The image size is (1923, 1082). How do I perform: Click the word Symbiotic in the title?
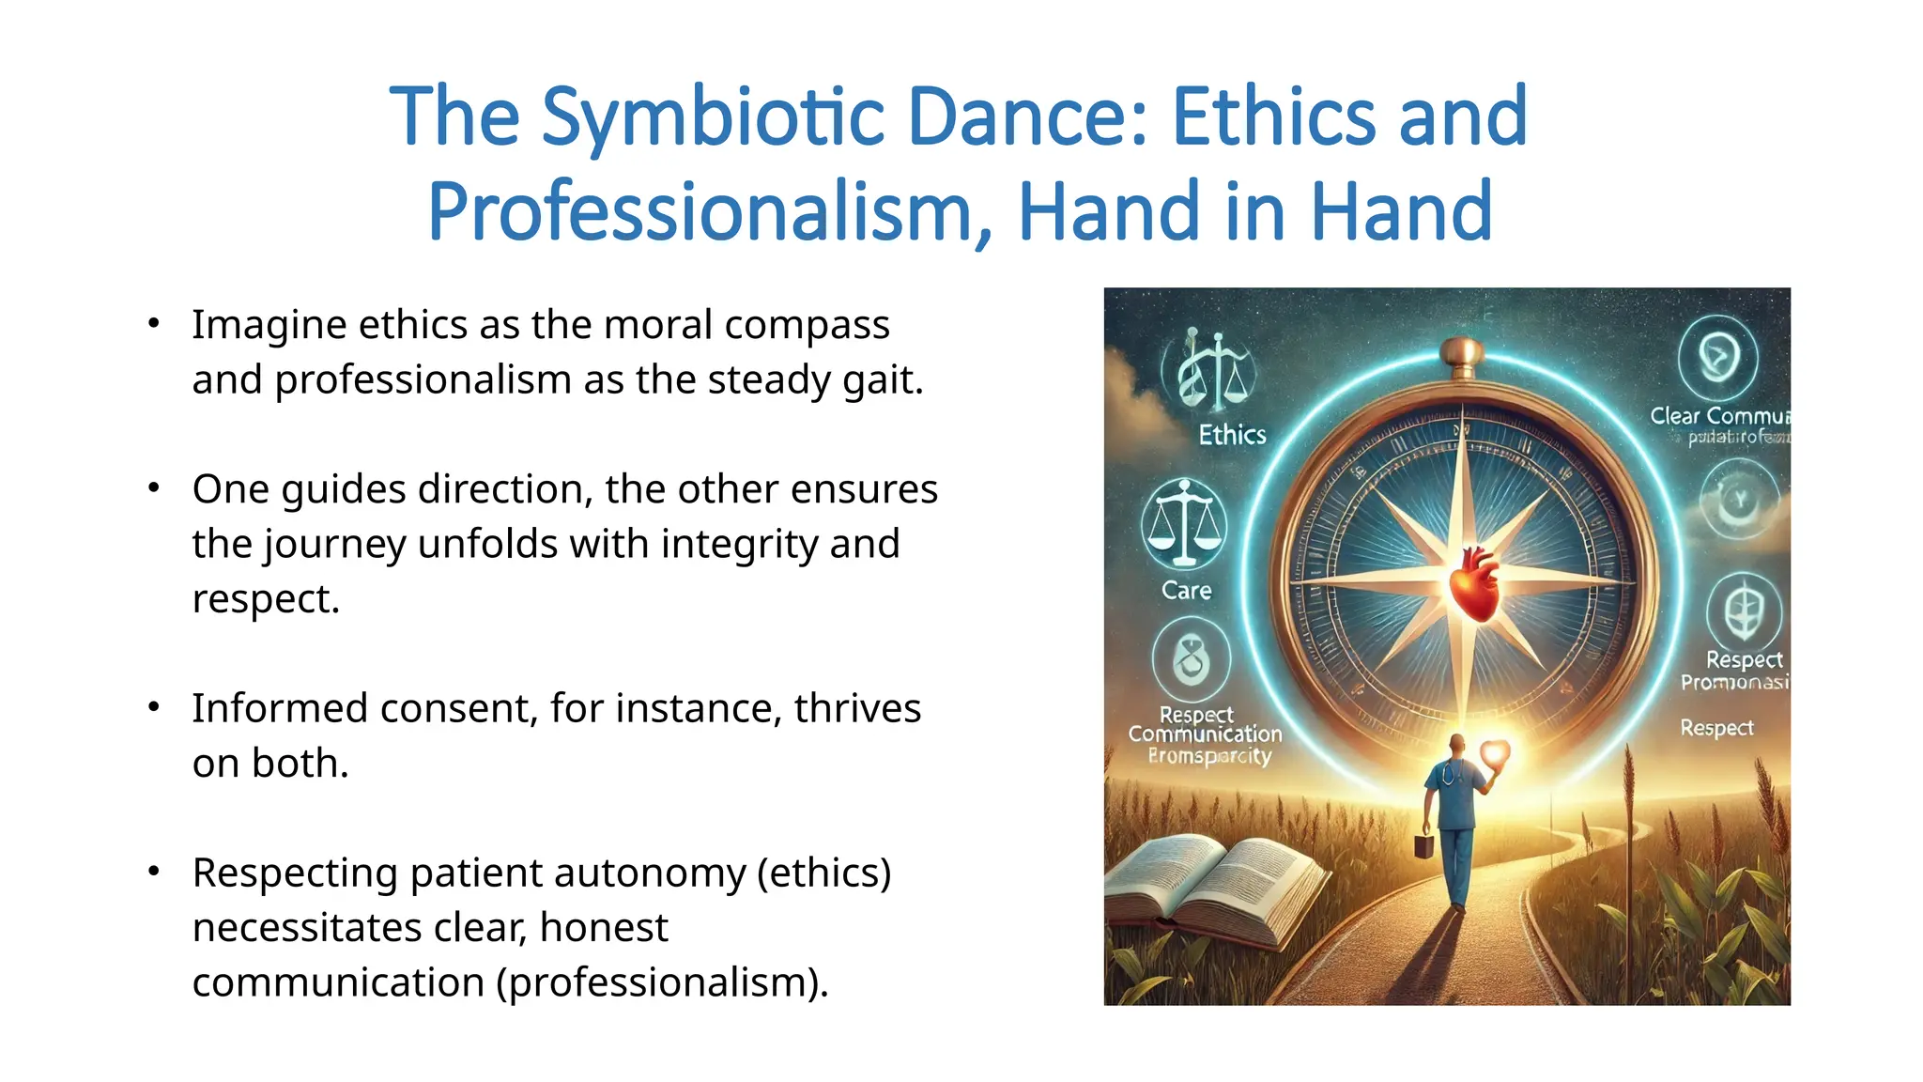[x=713, y=117]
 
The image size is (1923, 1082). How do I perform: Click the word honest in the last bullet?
[x=603, y=928]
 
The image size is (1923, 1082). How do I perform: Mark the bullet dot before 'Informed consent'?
[x=154, y=706]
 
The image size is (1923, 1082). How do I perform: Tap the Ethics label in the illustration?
[x=1232, y=435]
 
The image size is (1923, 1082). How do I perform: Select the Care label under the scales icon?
[x=1186, y=591]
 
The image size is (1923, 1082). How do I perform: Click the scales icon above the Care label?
[x=1184, y=523]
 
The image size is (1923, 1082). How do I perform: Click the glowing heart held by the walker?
[x=1493, y=752]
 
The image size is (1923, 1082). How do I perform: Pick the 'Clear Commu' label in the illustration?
[x=1719, y=416]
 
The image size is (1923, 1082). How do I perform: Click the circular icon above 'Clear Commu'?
[x=1718, y=357]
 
